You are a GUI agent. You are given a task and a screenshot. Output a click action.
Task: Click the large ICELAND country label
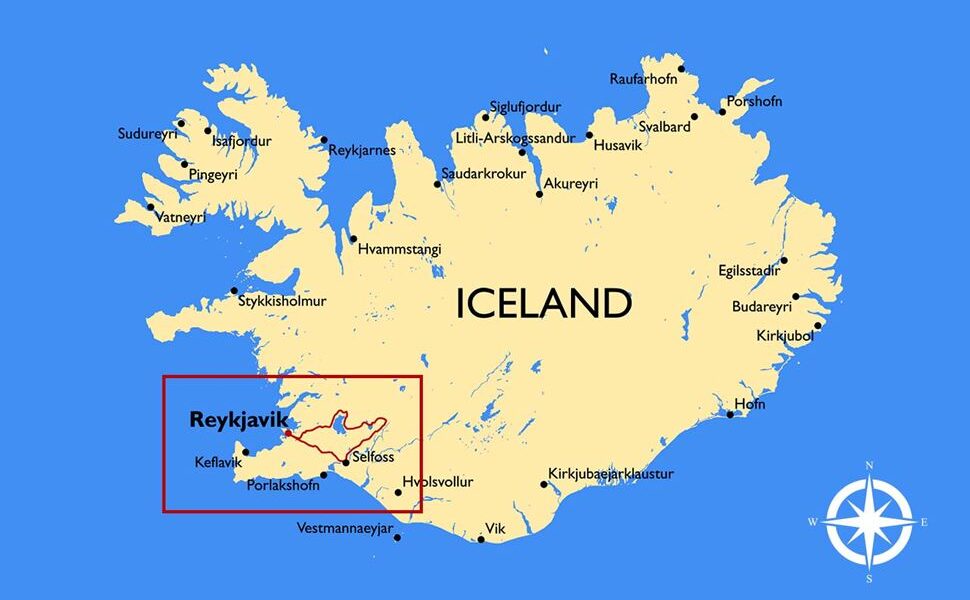543,303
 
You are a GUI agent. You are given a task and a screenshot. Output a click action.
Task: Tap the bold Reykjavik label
238,420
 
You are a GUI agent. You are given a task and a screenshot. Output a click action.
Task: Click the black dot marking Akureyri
540,194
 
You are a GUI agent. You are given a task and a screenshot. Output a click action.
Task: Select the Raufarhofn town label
644,79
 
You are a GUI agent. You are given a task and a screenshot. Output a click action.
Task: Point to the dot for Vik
481,540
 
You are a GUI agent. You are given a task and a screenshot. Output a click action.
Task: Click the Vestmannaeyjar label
345,528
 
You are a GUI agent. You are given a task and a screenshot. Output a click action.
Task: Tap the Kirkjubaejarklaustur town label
611,474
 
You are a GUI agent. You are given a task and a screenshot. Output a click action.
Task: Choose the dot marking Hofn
731,414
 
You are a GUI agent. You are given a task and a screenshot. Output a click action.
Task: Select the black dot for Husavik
589,135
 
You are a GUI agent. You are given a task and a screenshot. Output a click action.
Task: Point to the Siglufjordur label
525,107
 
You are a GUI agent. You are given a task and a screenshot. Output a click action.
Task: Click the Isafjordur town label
241,142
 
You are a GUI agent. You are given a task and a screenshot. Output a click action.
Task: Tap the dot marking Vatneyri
151,207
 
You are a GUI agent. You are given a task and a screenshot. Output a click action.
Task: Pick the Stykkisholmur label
282,300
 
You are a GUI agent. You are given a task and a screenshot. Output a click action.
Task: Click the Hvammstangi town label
399,250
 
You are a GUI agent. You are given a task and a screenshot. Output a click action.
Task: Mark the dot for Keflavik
247,452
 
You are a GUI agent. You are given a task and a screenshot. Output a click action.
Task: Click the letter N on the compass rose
869,466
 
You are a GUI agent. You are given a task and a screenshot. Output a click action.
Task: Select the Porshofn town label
755,102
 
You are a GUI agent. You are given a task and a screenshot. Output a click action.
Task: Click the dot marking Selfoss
345,462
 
